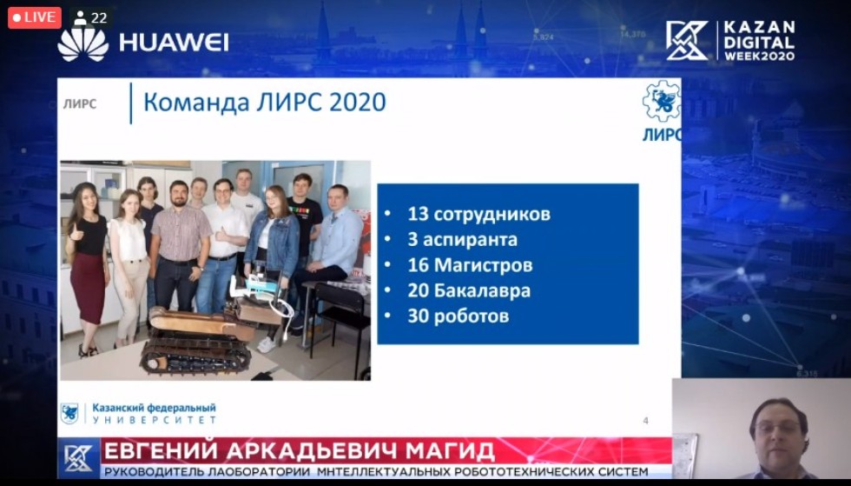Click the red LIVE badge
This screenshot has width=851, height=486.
(34, 17)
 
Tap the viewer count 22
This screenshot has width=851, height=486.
(99, 18)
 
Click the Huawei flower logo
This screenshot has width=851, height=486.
(83, 43)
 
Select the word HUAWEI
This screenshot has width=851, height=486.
(174, 43)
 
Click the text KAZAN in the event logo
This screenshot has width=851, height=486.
(759, 27)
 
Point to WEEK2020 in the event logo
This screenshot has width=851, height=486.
(759, 56)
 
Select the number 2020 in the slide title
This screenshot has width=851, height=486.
(357, 103)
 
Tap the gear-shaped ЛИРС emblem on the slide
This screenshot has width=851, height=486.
(661, 101)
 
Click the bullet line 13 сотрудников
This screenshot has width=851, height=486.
(478, 214)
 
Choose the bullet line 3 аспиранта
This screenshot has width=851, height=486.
(462, 240)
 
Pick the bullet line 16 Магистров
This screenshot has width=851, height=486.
(470, 265)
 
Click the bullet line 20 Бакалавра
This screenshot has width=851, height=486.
(469, 290)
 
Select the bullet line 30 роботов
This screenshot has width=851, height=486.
(458, 316)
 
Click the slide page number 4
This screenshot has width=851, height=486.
(645, 420)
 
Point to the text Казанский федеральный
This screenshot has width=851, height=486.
(155, 408)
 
